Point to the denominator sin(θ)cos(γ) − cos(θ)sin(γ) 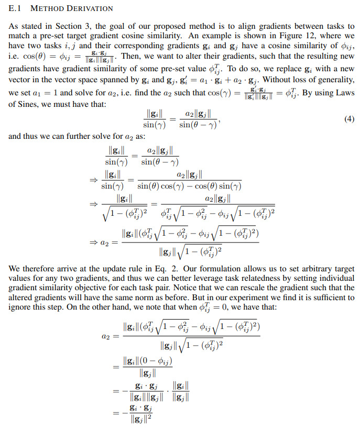pyautogui.click(x=189, y=185)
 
